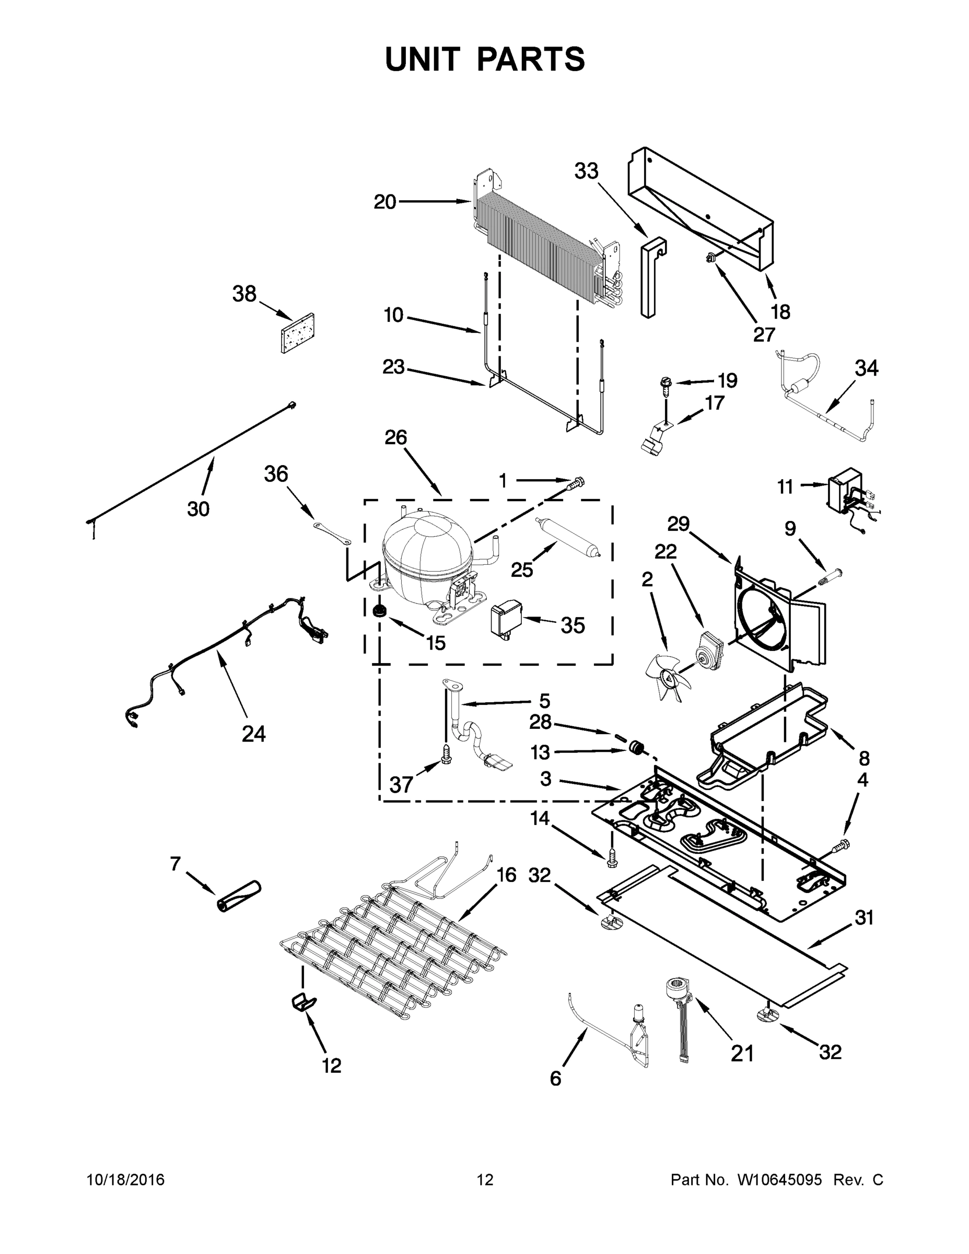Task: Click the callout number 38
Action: [x=244, y=294]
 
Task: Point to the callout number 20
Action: [x=384, y=202]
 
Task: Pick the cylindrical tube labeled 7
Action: [x=239, y=896]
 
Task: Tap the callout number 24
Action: [x=253, y=733]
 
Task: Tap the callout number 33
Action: [x=586, y=170]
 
